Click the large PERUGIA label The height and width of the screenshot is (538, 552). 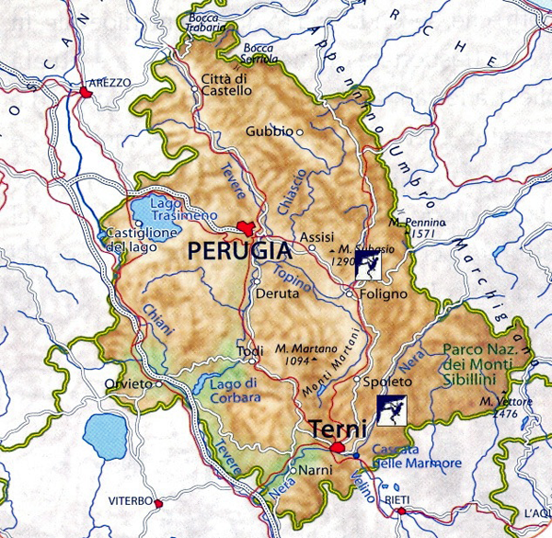[x=236, y=249]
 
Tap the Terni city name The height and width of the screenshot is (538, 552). [x=338, y=429]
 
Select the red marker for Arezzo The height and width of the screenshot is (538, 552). [x=86, y=93]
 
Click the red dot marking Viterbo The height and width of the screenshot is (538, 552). [x=158, y=503]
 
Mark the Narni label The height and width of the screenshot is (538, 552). [x=312, y=469]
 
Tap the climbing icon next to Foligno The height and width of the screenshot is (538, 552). [x=371, y=268]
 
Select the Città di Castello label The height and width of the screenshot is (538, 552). [x=225, y=84]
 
